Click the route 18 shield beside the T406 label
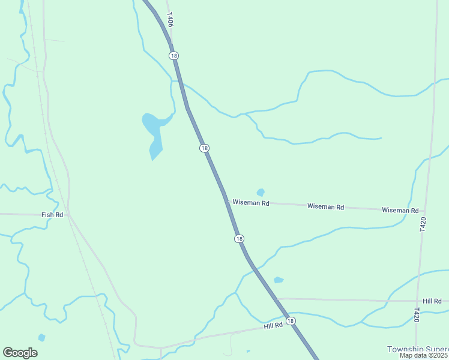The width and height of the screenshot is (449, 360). coord(173,56)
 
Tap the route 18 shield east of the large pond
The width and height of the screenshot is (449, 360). coord(205,148)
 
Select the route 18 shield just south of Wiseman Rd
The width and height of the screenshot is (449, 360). coord(240,239)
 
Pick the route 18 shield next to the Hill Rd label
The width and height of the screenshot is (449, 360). coord(291,321)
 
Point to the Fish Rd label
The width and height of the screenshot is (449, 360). coord(52,215)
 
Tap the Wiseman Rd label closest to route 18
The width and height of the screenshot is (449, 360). coord(251,203)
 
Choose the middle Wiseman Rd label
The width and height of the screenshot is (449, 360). coord(325,206)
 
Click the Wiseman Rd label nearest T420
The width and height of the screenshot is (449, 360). coord(400,211)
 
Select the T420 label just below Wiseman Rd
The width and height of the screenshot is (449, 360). coord(423,225)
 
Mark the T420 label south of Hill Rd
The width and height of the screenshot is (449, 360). coord(417,315)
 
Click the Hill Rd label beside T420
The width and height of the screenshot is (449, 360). coord(432,301)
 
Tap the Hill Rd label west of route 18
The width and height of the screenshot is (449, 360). coord(273,326)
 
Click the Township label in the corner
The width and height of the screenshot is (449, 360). coord(418,349)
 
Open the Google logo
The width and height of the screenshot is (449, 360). coord(20,353)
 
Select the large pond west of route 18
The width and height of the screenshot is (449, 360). coord(154,133)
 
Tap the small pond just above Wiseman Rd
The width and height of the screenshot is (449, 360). coord(261,193)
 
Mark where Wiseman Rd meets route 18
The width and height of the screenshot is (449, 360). coord(226,201)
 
